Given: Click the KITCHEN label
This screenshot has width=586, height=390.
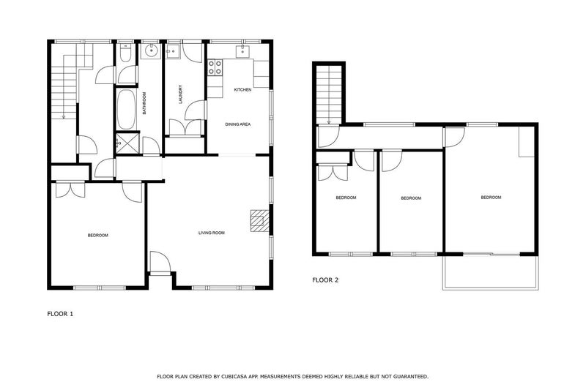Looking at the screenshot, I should pos(242,89).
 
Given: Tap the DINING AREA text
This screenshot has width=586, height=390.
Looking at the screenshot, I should pos(238,125).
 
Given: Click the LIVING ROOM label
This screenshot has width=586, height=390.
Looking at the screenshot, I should pos(212,233).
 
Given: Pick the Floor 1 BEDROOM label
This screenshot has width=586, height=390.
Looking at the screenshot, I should pos(98,235).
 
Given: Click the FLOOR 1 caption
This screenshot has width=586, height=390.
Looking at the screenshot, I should pos(60,314).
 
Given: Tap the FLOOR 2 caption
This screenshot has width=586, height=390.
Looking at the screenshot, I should pos(325,280).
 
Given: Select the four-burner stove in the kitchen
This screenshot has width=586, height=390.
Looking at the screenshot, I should pos(216,67).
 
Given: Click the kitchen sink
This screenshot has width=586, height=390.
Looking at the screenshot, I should pos(242,51).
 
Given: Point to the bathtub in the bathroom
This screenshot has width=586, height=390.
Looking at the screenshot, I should pos(124,109).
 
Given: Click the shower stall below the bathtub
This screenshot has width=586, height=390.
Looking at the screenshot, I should pos(125,143).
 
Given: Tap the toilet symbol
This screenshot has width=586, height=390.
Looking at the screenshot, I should pos(125,53).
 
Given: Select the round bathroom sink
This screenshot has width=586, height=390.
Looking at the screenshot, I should pos(151,51).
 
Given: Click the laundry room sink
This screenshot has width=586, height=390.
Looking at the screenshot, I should pos(174,51).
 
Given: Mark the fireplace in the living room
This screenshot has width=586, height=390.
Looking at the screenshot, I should pos(259,220).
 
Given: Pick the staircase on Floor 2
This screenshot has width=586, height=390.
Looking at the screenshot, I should pos(328,93).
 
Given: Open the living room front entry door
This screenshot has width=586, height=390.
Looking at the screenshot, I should pos(159,263).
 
